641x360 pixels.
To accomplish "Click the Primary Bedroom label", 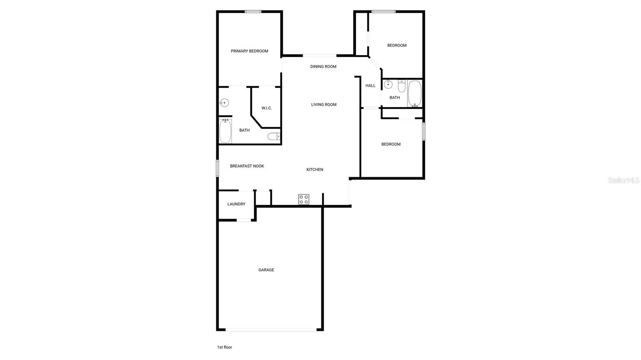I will (x=249, y=51).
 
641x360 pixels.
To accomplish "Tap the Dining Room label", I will (x=323, y=66).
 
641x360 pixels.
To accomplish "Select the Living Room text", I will (x=324, y=105).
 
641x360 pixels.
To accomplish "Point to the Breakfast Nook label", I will (x=247, y=166).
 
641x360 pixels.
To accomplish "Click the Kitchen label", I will (x=315, y=170).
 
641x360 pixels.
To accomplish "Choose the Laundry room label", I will (x=236, y=204).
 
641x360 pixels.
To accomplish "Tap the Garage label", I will (x=266, y=270).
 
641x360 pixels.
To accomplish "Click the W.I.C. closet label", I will (x=266, y=108).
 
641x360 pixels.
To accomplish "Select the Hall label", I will (x=371, y=86).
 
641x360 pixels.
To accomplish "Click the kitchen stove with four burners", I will (x=304, y=199).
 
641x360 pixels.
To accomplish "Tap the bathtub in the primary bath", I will (x=225, y=131).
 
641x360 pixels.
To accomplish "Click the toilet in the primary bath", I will (x=274, y=137).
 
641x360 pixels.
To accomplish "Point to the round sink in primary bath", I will (x=224, y=103).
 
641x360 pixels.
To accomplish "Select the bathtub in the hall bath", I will (x=415, y=94).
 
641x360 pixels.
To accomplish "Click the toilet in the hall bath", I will (x=402, y=86).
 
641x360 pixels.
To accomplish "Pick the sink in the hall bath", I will (x=388, y=84).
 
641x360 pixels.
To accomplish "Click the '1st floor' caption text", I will (x=224, y=347).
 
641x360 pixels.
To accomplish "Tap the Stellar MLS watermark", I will (x=623, y=181).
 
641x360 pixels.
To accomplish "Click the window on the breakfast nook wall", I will (x=218, y=168).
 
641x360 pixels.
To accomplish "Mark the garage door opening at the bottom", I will (x=271, y=330).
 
